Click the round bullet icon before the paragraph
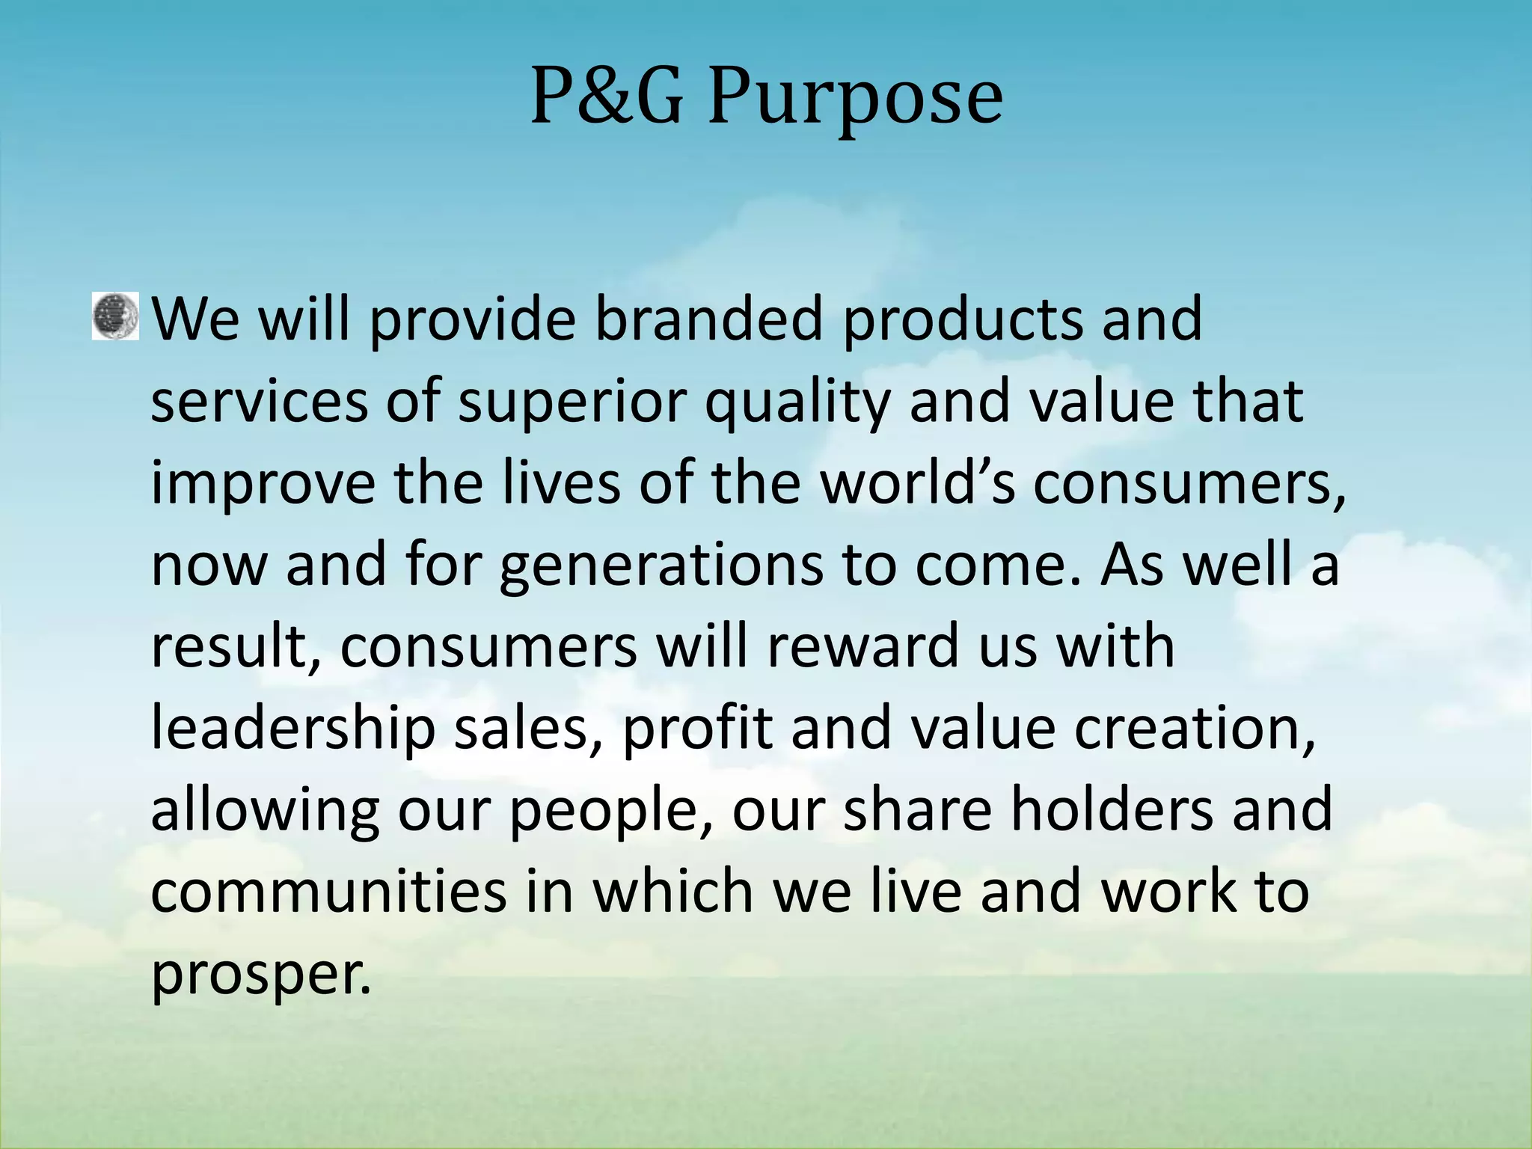click(x=115, y=316)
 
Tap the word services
click(x=260, y=402)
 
